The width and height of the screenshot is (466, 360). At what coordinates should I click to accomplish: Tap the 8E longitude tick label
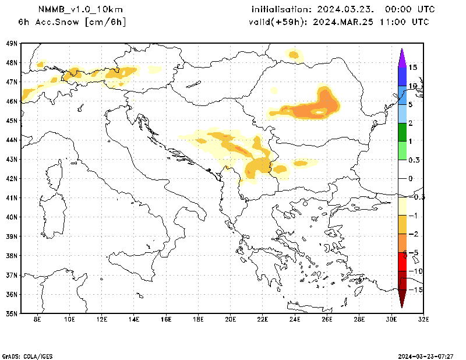(x=37, y=319)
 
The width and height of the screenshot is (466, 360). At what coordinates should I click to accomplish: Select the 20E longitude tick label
(x=230, y=319)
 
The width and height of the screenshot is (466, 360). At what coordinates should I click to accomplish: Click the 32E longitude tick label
(x=423, y=319)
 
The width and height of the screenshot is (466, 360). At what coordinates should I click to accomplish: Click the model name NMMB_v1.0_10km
(x=72, y=9)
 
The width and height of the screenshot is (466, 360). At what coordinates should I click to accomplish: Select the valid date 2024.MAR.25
(x=345, y=22)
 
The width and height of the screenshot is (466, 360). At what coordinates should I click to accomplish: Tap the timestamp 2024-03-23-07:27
(x=426, y=355)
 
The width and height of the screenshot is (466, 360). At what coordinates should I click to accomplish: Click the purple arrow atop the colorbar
(x=402, y=57)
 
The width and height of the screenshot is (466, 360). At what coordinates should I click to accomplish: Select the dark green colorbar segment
(x=402, y=132)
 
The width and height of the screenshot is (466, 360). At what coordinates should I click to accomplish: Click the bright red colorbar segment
(x=402, y=262)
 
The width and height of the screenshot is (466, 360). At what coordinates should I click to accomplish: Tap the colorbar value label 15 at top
(x=412, y=68)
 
